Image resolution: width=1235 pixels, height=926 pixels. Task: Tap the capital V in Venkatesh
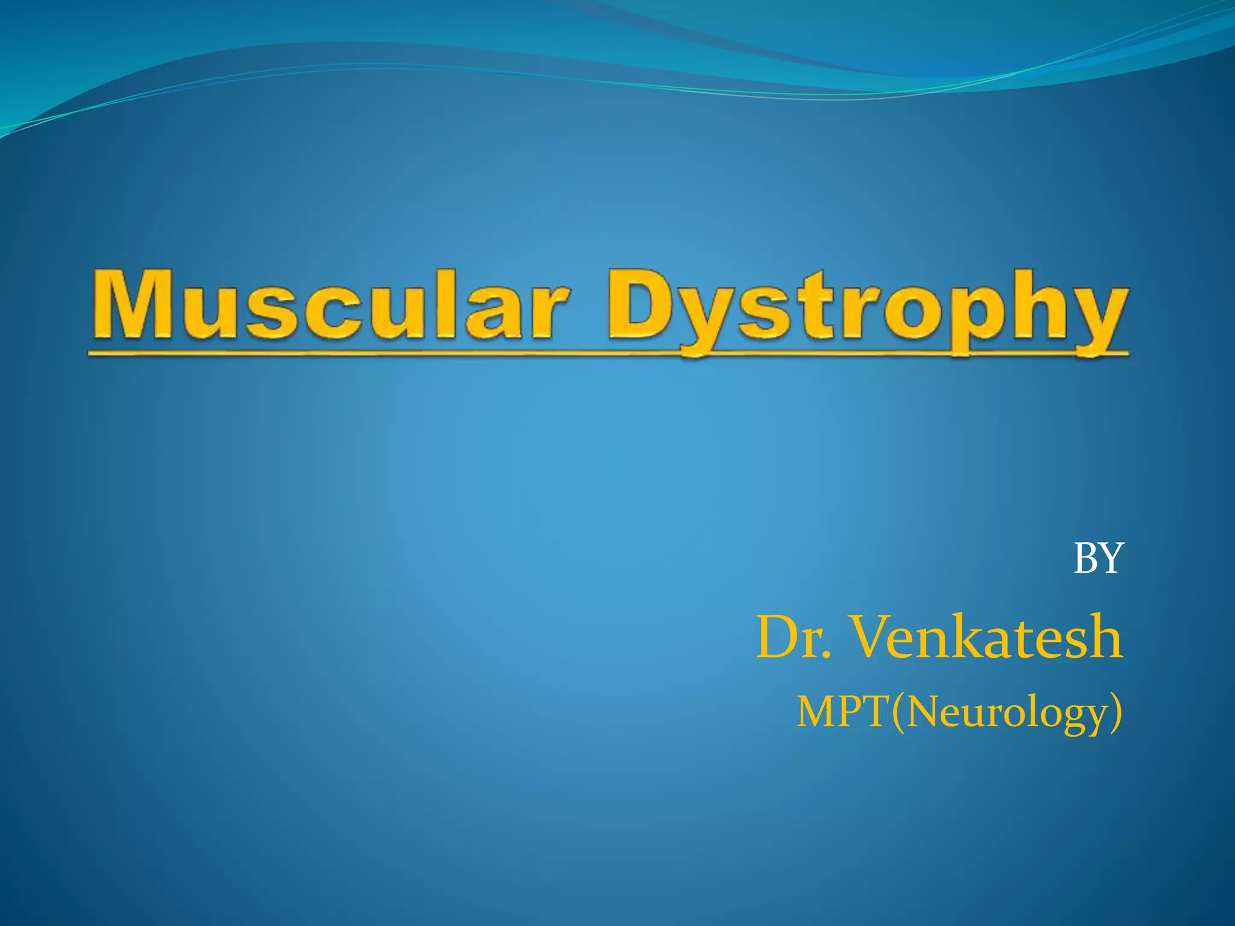pyautogui.click(x=874, y=637)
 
